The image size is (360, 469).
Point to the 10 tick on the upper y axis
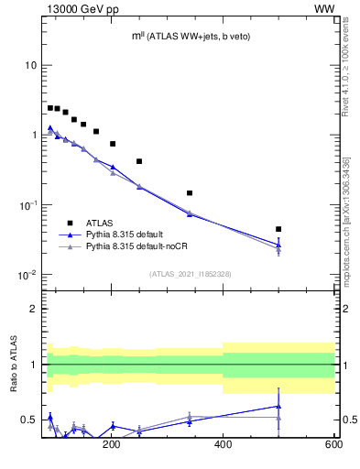[x=30, y=65]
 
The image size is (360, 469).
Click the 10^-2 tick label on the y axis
[x=27, y=275]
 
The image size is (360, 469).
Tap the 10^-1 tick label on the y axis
[x=27, y=205]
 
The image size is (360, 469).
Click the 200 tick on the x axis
[x=112, y=445]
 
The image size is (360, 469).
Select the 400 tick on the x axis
[x=223, y=445]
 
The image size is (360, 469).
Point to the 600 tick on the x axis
[x=333, y=445]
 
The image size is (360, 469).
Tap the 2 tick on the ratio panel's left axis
[x=32, y=310]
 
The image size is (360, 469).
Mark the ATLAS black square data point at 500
[x=278, y=229]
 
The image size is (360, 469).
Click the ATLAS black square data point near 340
[x=190, y=193]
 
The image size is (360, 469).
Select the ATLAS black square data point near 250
[x=139, y=161]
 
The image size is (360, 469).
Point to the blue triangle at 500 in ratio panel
[x=278, y=406]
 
